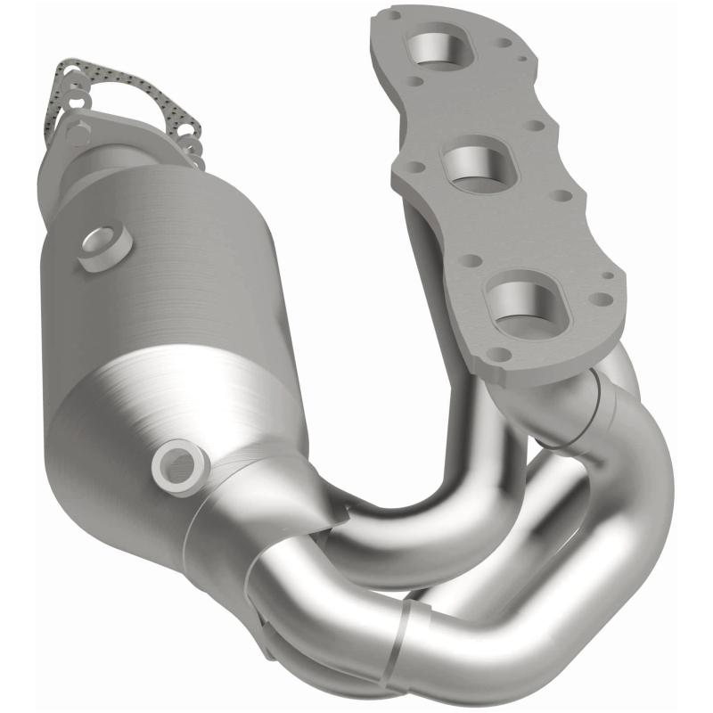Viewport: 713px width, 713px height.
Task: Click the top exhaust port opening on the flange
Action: (437, 52)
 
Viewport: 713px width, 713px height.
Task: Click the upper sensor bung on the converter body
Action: (104, 247)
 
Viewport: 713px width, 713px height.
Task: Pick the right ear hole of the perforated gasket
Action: (189, 135)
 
